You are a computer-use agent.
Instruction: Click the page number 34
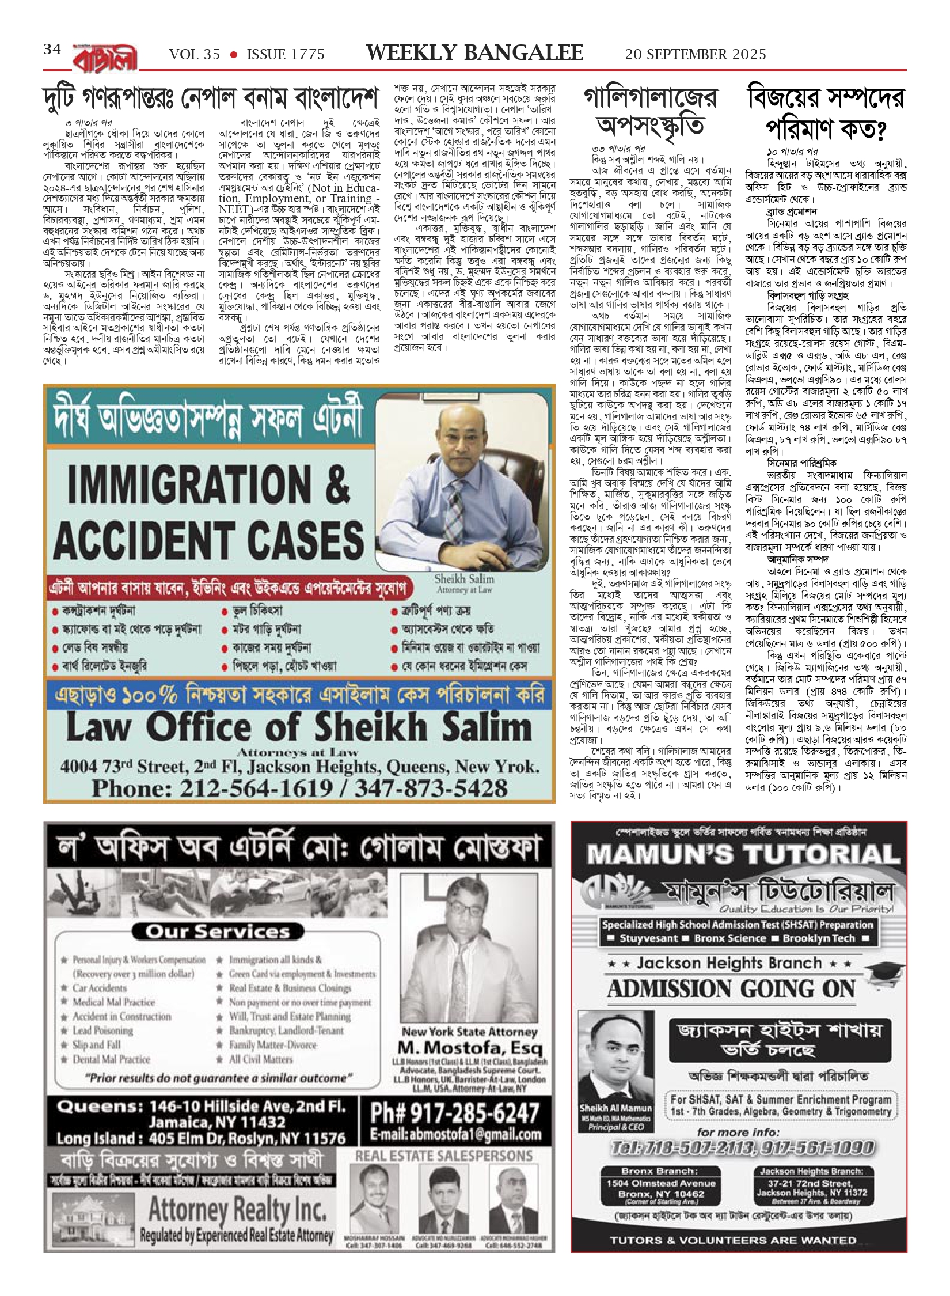[x=52, y=50]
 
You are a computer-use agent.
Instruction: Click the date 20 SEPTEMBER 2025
[x=696, y=54]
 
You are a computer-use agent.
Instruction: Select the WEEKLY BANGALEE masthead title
[x=474, y=52]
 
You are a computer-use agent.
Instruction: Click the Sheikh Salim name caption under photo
[x=464, y=579]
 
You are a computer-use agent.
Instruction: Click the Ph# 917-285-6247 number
[x=455, y=1113]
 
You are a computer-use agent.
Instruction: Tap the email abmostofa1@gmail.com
[x=455, y=1135]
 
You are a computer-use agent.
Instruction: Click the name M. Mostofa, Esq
[x=469, y=1047]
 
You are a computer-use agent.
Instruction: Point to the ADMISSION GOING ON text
[x=731, y=989]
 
